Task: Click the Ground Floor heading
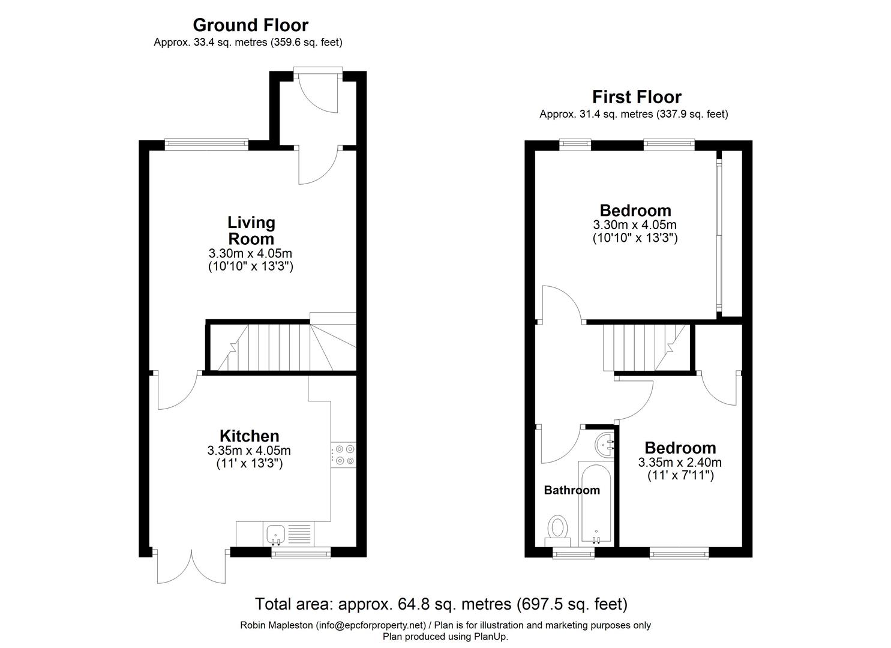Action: click(250, 25)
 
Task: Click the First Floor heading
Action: click(637, 97)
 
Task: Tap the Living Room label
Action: click(251, 230)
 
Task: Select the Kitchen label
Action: click(249, 436)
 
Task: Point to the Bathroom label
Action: click(572, 490)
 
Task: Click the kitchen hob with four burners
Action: click(343, 454)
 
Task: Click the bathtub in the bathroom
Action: click(595, 502)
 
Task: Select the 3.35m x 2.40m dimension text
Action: click(680, 463)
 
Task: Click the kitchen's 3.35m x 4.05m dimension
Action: click(249, 451)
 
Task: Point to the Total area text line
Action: click(441, 604)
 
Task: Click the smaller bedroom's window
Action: click(679, 552)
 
